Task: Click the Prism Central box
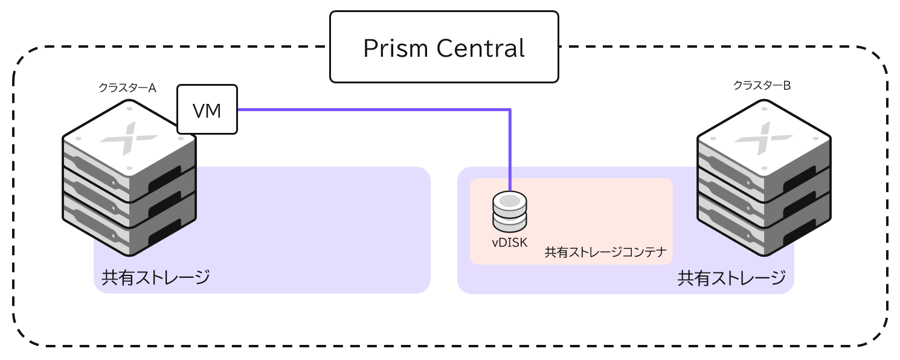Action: pyautogui.click(x=444, y=47)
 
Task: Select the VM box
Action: pyautogui.click(x=207, y=110)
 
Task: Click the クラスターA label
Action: pyautogui.click(x=127, y=88)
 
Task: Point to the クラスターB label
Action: pyautogui.click(x=762, y=86)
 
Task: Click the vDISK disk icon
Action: pyautogui.click(x=510, y=212)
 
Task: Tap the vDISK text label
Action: pyautogui.click(x=510, y=243)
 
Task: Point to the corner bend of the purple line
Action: pyautogui.click(x=511, y=110)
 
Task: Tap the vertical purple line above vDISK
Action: pyautogui.click(x=511, y=151)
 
